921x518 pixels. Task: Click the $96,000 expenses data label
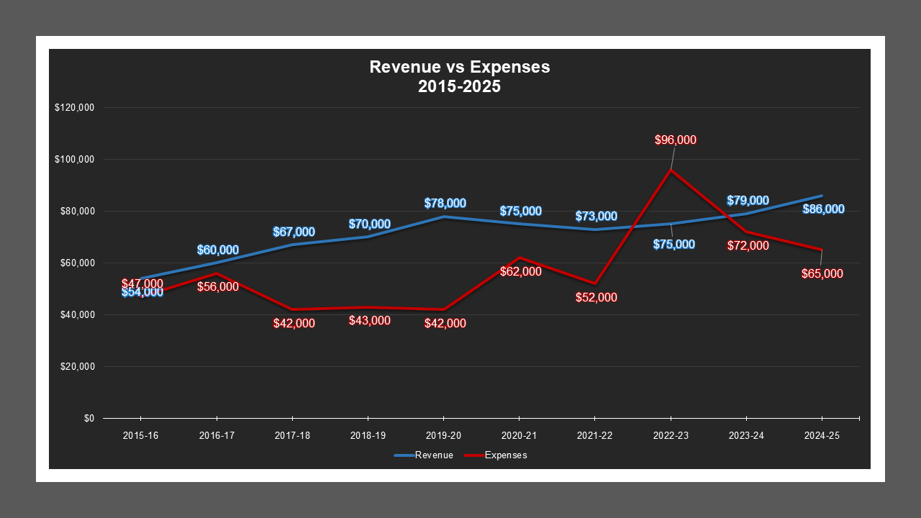[x=676, y=140]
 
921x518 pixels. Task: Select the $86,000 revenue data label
[x=823, y=209]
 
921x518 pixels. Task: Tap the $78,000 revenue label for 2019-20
[x=445, y=204]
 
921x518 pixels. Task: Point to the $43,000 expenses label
[x=369, y=321]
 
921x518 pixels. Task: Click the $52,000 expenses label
[x=596, y=297]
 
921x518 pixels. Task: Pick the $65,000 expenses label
[x=822, y=274]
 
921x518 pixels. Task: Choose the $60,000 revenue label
[x=217, y=250]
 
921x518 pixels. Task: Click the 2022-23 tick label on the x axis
[x=671, y=436]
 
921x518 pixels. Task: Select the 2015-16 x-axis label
[x=140, y=436]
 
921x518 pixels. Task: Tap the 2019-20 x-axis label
[x=443, y=436]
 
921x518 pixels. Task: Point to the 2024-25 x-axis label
[x=822, y=436]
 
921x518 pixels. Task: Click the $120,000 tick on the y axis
[x=74, y=108]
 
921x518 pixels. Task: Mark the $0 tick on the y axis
[x=89, y=418]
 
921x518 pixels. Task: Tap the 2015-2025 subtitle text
[x=459, y=86]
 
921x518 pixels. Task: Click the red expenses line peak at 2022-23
[x=671, y=170]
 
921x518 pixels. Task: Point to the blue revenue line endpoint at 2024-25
[x=822, y=196]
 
